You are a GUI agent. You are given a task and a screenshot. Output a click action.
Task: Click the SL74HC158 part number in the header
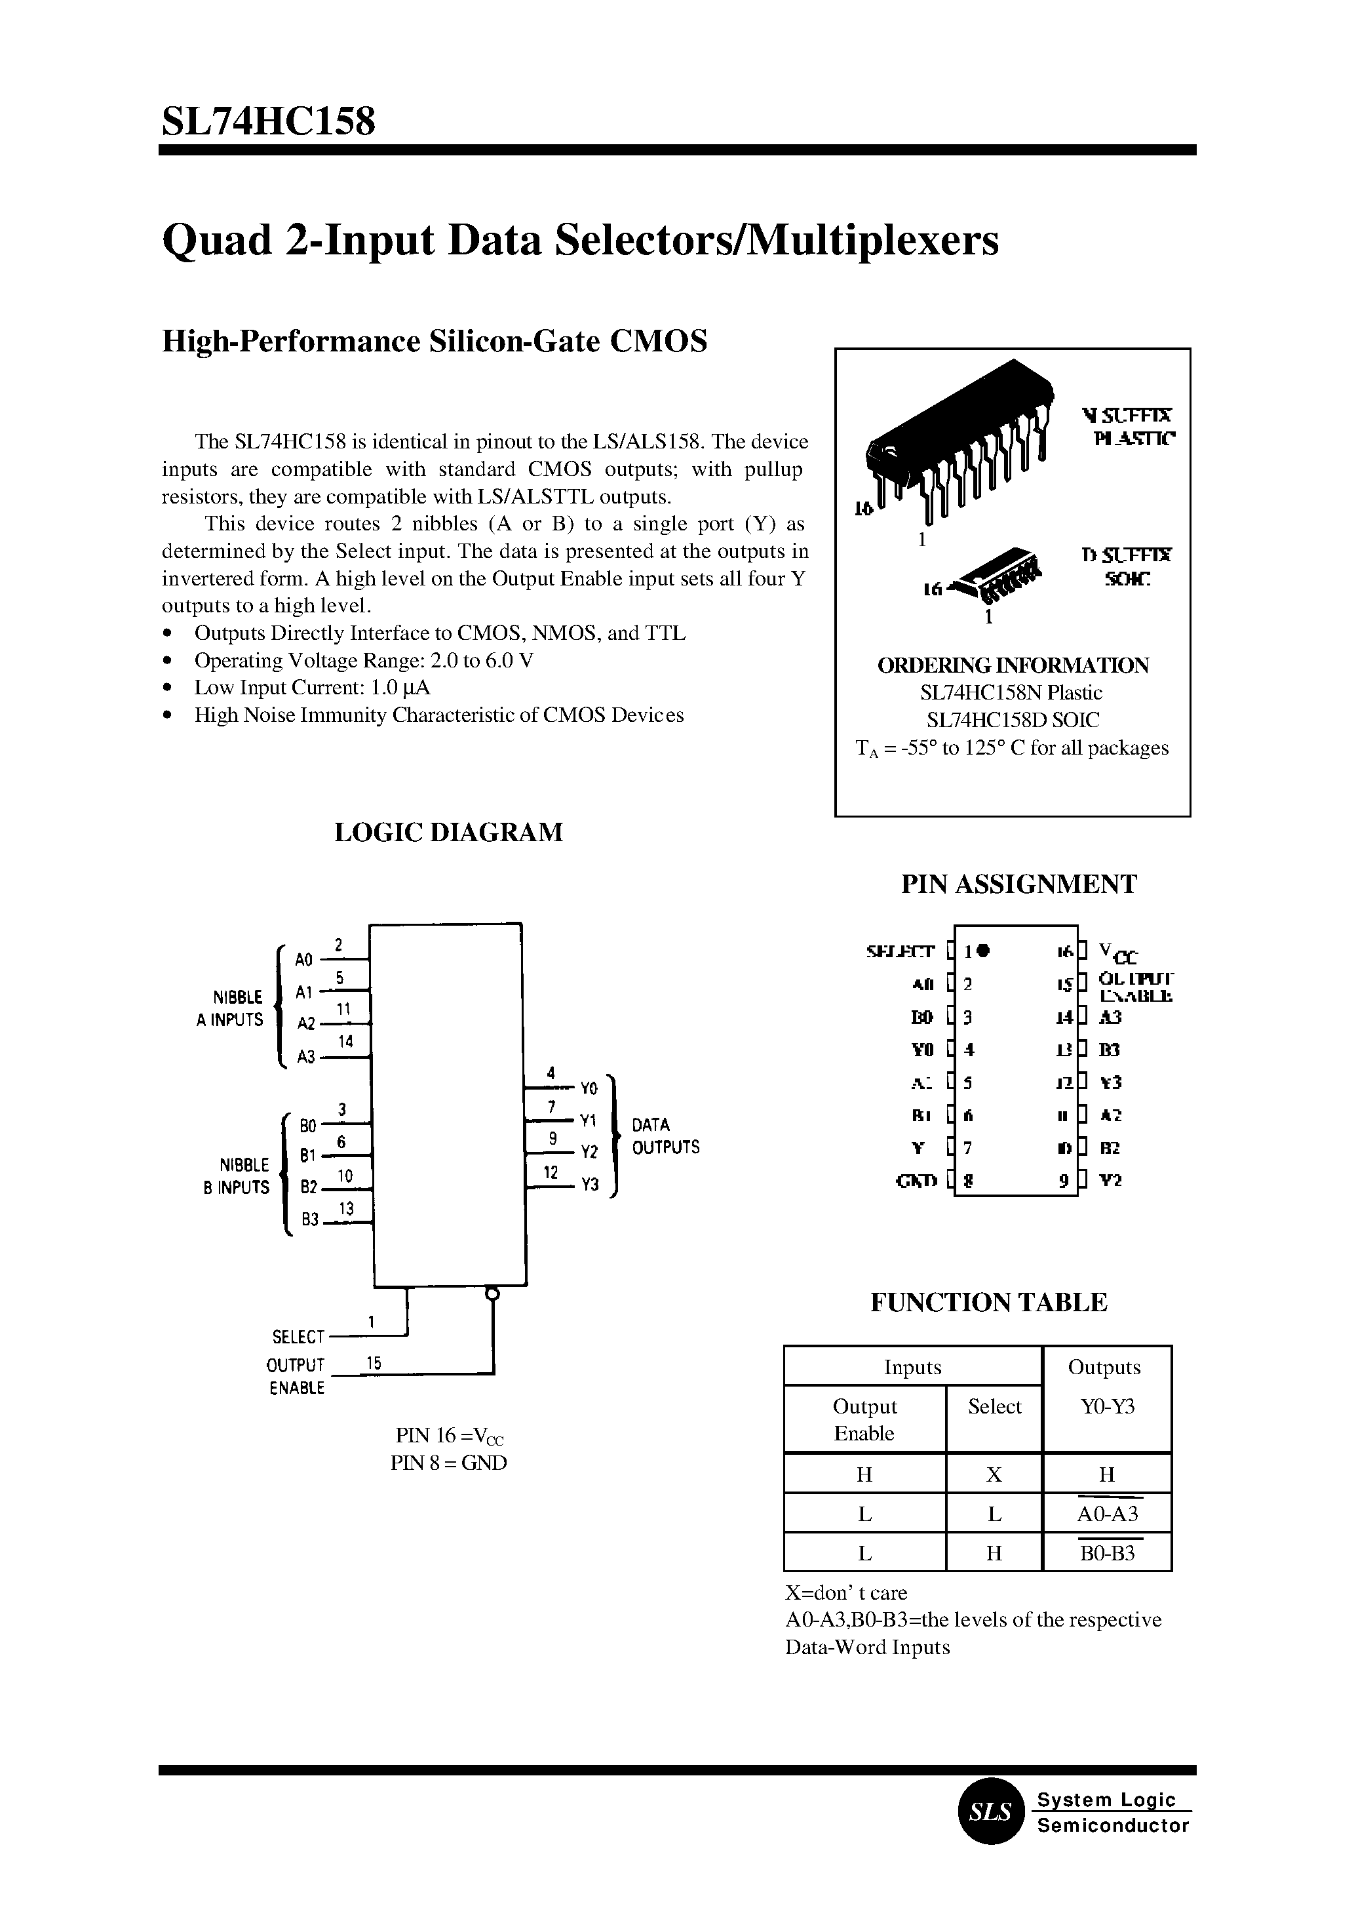click(x=268, y=121)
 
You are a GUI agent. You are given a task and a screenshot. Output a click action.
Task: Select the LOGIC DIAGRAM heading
click(x=448, y=832)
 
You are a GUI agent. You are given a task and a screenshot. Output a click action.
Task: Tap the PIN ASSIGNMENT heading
click(x=1018, y=884)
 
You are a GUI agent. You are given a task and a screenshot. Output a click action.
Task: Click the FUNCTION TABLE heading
click(x=988, y=1302)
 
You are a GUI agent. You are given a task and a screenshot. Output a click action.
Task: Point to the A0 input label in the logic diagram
click(x=305, y=959)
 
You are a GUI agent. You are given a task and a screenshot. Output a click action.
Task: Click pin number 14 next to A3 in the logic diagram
click(x=345, y=1042)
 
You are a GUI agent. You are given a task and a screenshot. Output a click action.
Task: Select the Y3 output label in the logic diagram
click(x=591, y=1185)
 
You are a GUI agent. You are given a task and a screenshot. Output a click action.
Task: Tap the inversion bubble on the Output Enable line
click(x=493, y=1295)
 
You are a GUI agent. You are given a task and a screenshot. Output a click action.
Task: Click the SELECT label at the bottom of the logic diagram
click(x=298, y=1337)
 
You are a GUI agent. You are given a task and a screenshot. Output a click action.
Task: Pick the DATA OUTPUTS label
click(x=665, y=1136)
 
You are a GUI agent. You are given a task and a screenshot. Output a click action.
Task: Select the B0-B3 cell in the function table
click(x=1107, y=1554)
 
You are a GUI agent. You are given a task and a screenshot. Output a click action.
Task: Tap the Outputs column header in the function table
click(x=1104, y=1368)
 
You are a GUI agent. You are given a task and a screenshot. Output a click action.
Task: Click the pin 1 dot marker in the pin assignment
click(x=984, y=950)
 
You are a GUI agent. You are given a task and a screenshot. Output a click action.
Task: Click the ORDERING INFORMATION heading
click(x=1013, y=665)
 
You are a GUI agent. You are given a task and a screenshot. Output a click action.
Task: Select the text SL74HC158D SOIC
click(x=1013, y=720)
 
